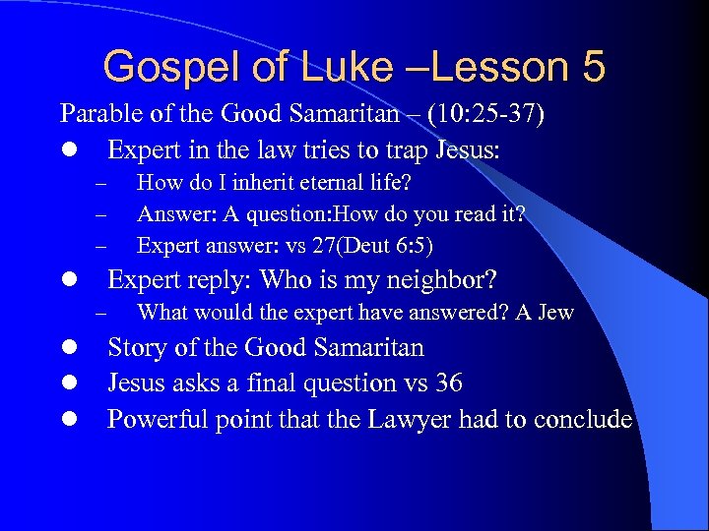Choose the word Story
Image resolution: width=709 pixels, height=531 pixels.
pos(137,348)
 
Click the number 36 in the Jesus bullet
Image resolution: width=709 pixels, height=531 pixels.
pos(447,383)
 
